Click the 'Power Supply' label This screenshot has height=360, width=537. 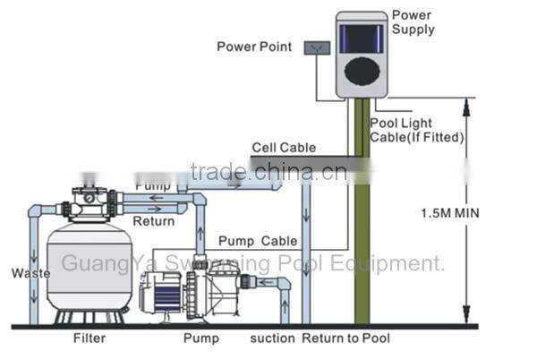413,22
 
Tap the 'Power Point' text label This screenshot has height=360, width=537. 254,47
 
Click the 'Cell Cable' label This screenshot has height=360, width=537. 284,148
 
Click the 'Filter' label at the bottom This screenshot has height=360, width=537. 89,339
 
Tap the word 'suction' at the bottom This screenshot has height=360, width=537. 272,339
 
